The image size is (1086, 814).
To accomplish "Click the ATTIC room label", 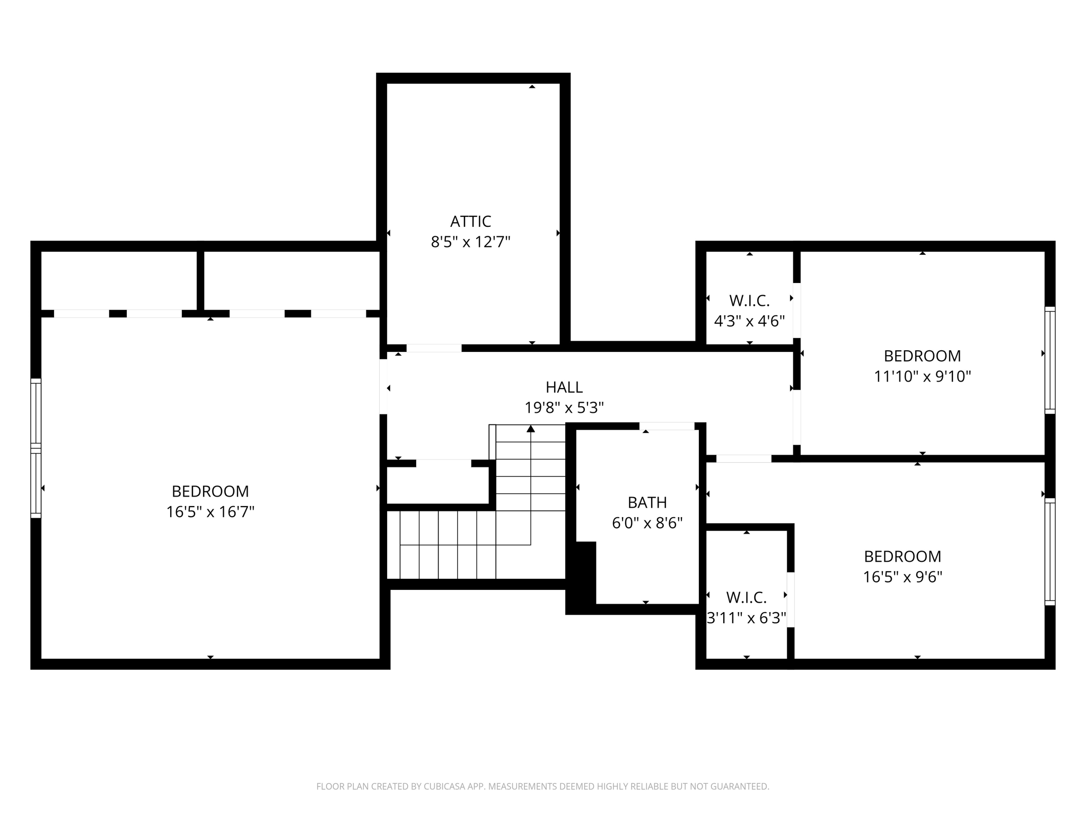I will (x=470, y=221).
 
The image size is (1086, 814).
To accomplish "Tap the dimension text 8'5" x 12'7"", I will (x=470, y=242).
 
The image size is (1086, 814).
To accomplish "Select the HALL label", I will (x=564, y=387).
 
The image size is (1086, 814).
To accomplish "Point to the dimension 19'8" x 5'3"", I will (x=564, y=408).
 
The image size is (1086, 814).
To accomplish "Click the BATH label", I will (x=647, y=502).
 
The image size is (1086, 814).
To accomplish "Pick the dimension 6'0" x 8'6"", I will (x=647, y=523).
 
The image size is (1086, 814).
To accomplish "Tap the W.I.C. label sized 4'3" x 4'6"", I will (x=749, y=301).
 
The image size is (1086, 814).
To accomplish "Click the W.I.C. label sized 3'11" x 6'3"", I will (x=746, y=598).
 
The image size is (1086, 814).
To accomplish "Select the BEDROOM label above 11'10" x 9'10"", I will (x=922, y=356).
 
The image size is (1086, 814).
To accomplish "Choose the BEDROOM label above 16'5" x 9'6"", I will (x=903, y=556).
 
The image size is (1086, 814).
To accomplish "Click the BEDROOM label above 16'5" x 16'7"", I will (x=210, y=491).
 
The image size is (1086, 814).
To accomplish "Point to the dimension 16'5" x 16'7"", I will (x=210, y=512).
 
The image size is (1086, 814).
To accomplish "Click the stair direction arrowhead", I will (x=531, y=429).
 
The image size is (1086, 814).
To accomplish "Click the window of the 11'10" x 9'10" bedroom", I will (x=1049, y=360).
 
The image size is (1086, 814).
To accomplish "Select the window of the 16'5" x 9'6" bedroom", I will (x=1049, y=552).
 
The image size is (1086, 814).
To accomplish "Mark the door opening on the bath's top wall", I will (x=667, y=426).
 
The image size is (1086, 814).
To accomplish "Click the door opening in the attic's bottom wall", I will (x=434, y=348).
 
